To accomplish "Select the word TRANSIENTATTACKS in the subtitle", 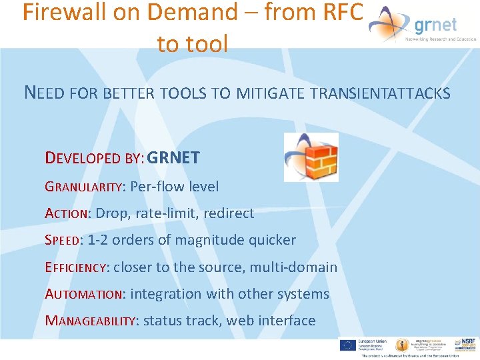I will click(380, 93).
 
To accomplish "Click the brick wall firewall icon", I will click(311, 157).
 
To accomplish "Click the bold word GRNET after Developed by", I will click(173, 158).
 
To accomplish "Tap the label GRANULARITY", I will click(84, 187).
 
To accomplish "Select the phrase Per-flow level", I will click(175, 187).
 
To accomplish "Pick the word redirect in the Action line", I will click(229, 213).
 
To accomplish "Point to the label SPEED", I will click(62, 241).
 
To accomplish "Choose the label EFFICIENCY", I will click(75, 267).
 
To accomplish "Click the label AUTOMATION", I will click(84, 294).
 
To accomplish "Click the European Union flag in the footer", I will click(347, 345).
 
